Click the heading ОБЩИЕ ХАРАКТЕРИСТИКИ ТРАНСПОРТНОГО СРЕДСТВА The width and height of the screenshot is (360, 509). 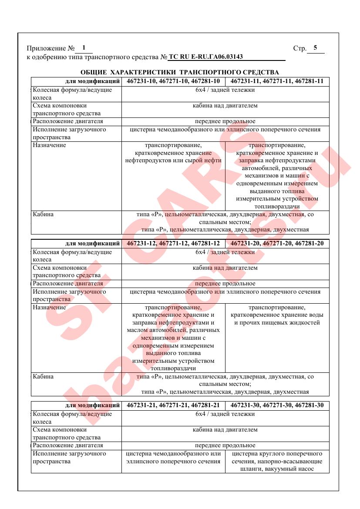(x=180, y=72)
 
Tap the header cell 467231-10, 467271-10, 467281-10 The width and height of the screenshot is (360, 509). (x=173, y=81)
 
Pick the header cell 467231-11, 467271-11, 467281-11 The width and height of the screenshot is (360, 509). (x=277, y=81)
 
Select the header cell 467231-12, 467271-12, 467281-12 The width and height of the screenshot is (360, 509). (x=173, y=243)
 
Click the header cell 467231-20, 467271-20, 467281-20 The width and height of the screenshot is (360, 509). (x=277, y=243)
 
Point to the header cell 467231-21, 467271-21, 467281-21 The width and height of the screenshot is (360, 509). (x=173, y=405)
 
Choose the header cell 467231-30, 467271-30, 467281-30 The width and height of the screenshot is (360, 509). (x=277, y=405)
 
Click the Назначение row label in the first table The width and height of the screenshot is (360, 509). (x=50, y=145)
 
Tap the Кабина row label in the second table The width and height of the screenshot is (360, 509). (x=43, y=376)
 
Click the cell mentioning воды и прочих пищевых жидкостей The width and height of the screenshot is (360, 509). (x=277, y=315)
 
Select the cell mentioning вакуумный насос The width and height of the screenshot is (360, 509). (x=277, y=461)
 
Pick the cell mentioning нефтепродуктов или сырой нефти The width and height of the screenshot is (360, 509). (x=173, y=153)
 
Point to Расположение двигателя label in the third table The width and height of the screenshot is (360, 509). (x=68, y=445)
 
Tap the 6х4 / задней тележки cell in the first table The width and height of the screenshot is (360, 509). (x=225, y=90)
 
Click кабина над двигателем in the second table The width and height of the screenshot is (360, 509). (x=225, y=268)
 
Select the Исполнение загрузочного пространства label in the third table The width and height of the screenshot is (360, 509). (x=70, y=457)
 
